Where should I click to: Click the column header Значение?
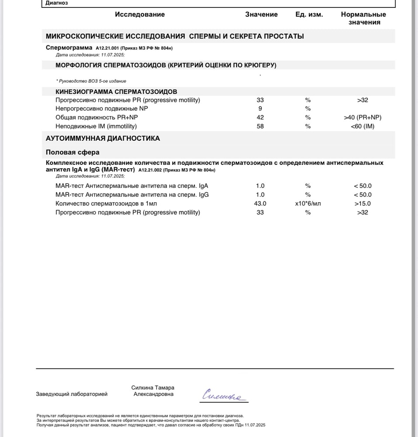coord(261,14)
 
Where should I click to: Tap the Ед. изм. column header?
coord(309,14)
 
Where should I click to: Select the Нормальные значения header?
coord(363,18)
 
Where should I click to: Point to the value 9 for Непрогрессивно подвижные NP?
coord(260,109)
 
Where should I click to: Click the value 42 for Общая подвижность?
coord(260,118)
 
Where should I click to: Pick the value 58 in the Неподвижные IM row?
coord(260,126)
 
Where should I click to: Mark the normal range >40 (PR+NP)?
coord(362,118)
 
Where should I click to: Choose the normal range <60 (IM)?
coord(362,126)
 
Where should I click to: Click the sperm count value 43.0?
coord(260,204)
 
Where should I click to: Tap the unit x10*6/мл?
coord(308,204)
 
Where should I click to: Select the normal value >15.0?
coord(362,204)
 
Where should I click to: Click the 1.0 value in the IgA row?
coord(260,186)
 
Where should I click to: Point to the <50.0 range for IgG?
coord(362,194)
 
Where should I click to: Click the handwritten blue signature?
coord(224,395)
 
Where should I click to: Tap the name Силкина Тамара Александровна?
coord(153,391)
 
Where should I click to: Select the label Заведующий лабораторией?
coord(72,394)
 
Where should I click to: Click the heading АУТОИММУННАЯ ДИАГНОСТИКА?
coord(103,139)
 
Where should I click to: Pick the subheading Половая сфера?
coord(73,153)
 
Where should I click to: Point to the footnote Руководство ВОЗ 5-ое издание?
coord(91,81)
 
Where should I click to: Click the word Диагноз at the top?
coord(57,3)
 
